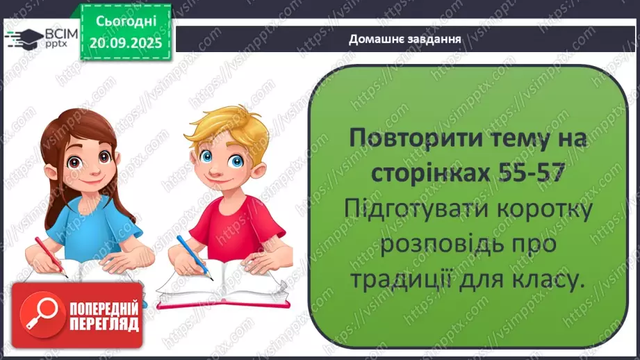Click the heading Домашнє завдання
point(406,39)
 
